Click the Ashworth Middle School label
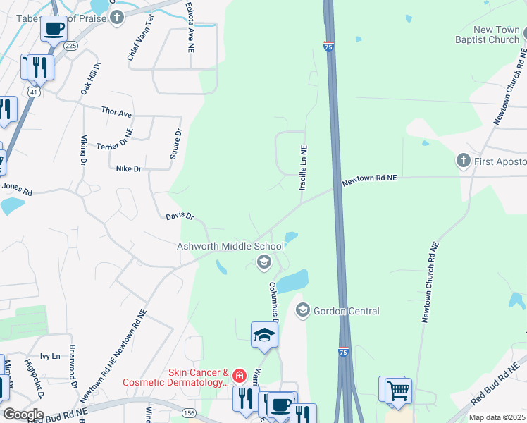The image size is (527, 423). [230, 246]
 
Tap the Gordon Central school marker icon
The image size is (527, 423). [303, 310]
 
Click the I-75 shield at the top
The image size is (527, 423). [329, 46]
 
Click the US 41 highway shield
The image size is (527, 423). [33, 92]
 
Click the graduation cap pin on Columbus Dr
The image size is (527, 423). [264, 334]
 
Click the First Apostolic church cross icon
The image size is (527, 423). [463, 161]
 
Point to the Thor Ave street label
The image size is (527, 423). [116, 112]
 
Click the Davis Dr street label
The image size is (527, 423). [180, 217]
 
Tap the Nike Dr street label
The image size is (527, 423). [129, 169]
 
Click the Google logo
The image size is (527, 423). [23, 414]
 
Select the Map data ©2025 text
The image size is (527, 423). [497, 417]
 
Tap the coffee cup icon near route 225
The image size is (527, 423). [54, 29]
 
